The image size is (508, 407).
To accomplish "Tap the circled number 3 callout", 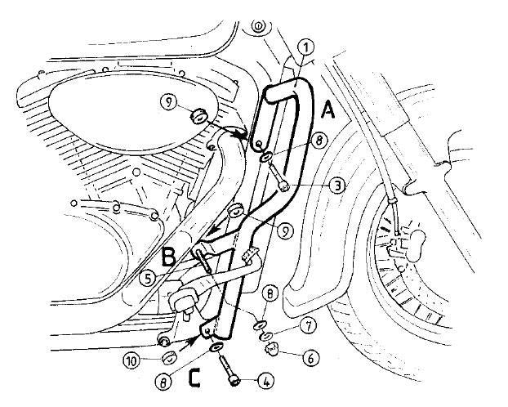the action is [x=336, y=186].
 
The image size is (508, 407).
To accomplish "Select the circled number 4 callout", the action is [x=265, y=382].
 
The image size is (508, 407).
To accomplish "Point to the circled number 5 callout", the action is [x=147, y=279].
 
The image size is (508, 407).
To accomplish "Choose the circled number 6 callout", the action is [x=310, y=359].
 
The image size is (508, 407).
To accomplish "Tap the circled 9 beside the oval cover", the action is [x=169, y=102].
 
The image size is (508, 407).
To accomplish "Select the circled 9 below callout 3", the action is [x=285, y=231].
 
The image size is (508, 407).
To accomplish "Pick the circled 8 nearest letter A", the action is [x=319, y=141].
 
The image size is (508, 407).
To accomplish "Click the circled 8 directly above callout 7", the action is [x=270, y=294].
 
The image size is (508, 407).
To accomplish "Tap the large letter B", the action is [x=168, y=256].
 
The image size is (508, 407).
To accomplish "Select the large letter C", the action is [x=194, y=378].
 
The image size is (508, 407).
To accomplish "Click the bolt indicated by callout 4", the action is [x=230, y=370].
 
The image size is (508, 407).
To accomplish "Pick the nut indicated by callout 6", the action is [x=271, y=350].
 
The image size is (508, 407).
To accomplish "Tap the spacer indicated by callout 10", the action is [x=168, y=358].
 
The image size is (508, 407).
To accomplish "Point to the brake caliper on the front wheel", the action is [x=406, y=244].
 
